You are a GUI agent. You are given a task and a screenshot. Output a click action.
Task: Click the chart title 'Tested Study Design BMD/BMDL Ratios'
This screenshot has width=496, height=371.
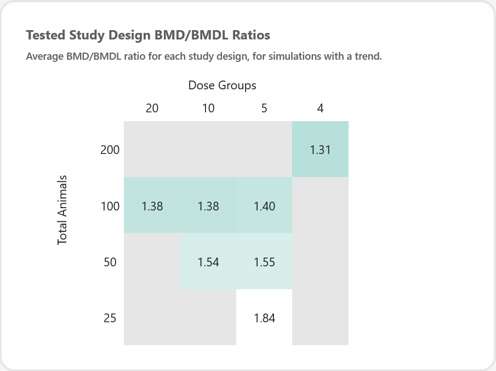coord(148,35)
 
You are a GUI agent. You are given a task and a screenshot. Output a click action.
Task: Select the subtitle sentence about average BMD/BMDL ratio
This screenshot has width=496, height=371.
coord(204,56)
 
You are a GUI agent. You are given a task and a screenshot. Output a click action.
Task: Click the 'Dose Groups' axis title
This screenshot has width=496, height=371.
coord(222,85)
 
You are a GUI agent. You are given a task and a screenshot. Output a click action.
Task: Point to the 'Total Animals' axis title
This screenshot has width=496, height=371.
coord(62,210)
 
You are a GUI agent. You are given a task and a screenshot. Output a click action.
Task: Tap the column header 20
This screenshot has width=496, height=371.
coord(152,108)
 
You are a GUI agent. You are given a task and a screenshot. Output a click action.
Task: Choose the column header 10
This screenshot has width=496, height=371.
coord(208,108)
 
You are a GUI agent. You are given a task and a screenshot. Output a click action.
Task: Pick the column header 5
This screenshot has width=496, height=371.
coord(264,108)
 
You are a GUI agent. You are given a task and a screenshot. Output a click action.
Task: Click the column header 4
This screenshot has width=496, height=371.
coord(320,108)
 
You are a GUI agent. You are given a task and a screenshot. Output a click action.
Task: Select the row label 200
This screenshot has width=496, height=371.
coord(110,150)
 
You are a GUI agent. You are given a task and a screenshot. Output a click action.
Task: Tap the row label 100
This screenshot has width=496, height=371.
coord(110,206)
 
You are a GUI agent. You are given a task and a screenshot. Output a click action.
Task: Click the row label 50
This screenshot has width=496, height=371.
coord(110,262)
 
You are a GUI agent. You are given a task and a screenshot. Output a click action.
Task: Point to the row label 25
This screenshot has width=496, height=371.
coord(110,318)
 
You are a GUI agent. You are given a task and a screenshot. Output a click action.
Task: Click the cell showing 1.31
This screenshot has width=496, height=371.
coord(320,149)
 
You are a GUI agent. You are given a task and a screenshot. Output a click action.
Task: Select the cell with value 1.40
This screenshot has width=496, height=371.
coord(264,205)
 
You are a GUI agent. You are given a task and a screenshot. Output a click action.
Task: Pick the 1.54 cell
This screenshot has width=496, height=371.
coord(208,261)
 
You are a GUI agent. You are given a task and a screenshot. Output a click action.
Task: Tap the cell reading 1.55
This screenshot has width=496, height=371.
coord(264,261)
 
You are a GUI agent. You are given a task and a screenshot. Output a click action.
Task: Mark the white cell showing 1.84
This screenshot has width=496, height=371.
coord(264,317)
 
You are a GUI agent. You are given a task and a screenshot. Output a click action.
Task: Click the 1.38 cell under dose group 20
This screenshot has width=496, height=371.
coord(152,205)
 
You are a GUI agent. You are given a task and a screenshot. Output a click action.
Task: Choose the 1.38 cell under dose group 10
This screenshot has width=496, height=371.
coord(208,205)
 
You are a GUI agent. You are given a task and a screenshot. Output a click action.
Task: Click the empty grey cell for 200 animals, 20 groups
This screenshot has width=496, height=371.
coord(152,149)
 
